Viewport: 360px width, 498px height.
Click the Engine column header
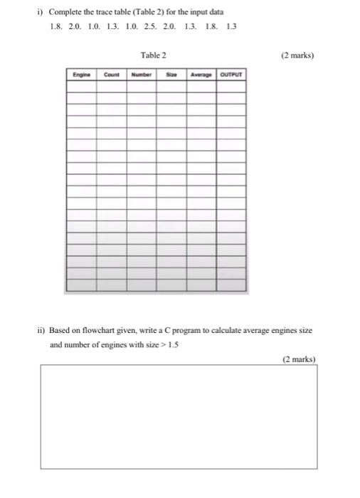click(x=79, y=74)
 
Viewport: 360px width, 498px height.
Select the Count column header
click(x=112, y=74)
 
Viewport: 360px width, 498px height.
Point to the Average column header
click(x=201, y=74)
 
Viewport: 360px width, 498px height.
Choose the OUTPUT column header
click(x=231, y=74)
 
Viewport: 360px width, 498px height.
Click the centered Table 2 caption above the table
click(x=154, y=54)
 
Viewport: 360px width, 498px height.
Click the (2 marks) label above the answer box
click(x=299, y=359)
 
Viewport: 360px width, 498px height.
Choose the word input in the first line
click(x=198, y=11)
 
